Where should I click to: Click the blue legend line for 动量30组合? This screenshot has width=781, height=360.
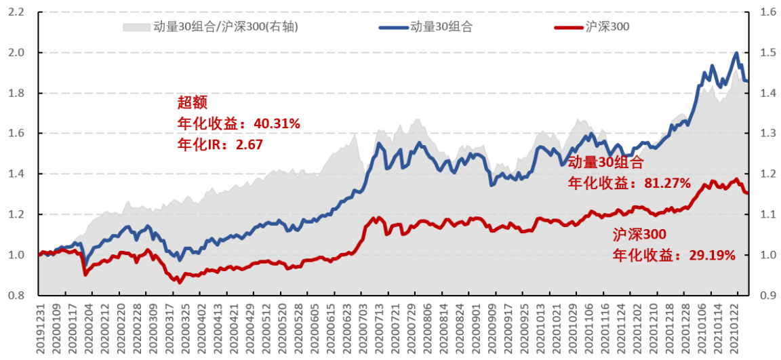click(393, 27)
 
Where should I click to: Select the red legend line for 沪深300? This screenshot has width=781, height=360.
click(568, 27)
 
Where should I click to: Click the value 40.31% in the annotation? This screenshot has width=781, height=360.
click(277, 123)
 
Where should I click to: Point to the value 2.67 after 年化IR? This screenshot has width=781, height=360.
click(249, 144)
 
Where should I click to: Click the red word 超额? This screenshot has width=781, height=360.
click(192, 102)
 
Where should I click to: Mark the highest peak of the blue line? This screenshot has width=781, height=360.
click(736, 53)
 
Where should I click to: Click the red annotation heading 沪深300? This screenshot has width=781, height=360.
click(640, 235)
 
